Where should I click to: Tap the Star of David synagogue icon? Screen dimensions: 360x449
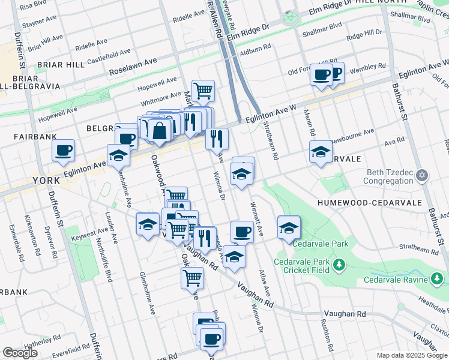(x=422, y=175)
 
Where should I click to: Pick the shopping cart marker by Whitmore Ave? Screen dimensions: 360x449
(x=203, y=91)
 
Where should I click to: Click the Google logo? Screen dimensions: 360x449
(x=20, y=353)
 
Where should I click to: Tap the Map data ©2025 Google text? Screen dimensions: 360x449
(x=412, y=355)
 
